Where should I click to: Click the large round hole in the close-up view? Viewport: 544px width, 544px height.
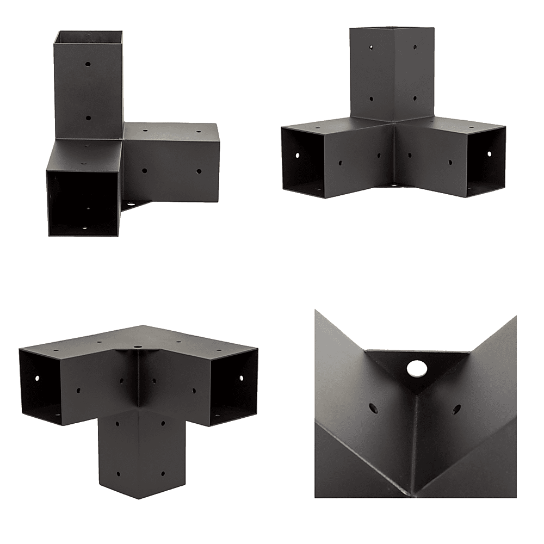point(417,368)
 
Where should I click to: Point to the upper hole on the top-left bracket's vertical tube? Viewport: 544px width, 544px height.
point(89,64)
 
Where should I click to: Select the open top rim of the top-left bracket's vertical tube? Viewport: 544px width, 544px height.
point(89,34)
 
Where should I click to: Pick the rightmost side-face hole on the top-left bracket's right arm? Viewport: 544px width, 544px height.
point(197,171)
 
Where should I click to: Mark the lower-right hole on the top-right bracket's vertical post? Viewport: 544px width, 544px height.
point(415,98)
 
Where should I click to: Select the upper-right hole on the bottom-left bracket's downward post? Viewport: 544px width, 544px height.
point(162,422)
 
